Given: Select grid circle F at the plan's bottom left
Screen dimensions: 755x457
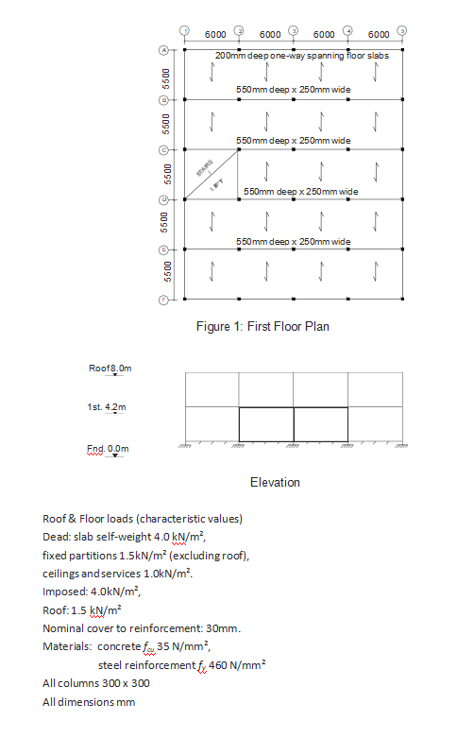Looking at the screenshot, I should coord(162,300).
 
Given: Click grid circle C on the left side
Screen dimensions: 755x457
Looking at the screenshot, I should coord(162,149).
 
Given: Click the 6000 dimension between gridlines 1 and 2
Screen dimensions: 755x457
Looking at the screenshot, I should coord(214,35).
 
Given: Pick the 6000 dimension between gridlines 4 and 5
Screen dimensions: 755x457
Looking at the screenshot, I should coord(378,35).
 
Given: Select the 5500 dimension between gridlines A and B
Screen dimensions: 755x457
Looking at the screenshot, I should coord(165,74).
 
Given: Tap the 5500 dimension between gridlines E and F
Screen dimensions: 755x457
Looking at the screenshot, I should coord(165,273).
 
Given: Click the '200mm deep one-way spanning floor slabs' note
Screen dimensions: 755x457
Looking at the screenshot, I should coord(301,56).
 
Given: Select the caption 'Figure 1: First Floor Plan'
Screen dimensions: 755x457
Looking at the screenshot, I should coord(262,327).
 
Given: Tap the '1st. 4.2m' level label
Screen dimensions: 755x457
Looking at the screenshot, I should coord(106,406).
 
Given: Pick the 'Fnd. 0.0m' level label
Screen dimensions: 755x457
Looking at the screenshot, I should coord(107,448).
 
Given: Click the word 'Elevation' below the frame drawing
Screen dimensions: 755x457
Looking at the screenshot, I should coord(275,482).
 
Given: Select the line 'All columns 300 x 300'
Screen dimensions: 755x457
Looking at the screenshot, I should coord(95,682).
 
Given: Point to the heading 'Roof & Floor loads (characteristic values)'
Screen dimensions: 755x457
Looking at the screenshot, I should coord(142,519).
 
